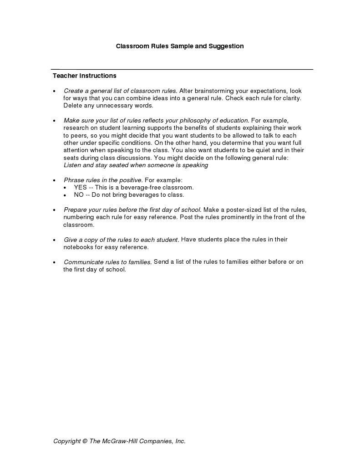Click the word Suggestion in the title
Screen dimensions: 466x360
[x=226, y=46]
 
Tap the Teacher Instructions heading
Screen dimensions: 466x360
[x=85, y=76]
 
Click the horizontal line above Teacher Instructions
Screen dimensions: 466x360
[x=182, y=69]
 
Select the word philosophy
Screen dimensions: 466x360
[x=196, y=120]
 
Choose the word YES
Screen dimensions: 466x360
[x=80, y=187]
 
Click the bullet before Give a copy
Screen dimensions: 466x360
[x=55, y=240]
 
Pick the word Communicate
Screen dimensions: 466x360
[x=83, y=262]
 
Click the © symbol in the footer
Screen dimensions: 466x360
[x=85, y=441]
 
